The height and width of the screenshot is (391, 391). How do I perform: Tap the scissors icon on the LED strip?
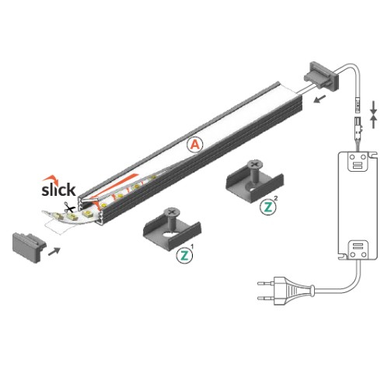(x=68, y=208)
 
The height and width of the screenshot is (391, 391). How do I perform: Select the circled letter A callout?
(x=195, y=145)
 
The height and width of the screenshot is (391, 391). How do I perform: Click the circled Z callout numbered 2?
(x=268, y=207)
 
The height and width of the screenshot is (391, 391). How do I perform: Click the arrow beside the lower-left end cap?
(x=54, y=250)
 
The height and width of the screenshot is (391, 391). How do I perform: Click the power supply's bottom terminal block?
(x=358, y=250)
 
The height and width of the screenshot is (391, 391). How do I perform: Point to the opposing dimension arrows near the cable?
(x=375, y=117)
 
